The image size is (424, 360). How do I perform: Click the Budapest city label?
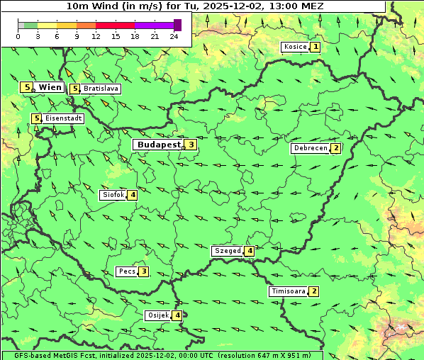coord(160,145)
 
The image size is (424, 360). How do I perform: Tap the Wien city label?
coord(50,87)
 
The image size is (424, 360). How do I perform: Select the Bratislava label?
coord(100,89)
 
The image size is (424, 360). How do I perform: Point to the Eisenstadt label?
coord(63,118)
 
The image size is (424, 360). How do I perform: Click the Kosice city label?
coord(294,47)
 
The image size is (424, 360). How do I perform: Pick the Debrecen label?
coord(310,149)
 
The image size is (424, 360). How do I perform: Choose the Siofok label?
coord(113,195)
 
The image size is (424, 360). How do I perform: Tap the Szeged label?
coord(227,251)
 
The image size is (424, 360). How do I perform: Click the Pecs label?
coord(127,271)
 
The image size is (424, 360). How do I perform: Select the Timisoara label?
coord(288,291)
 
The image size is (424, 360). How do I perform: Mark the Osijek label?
coord(157,315)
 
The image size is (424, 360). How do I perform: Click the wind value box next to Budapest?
coord(191,145)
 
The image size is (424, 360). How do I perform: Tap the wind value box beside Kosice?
coord(315,47)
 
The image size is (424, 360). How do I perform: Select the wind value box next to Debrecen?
coord(336,149)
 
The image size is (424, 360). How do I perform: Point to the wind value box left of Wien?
coord(27,87)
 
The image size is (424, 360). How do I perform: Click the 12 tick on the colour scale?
coord(96,36)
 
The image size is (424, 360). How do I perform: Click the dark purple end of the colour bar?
coord(177,25)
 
